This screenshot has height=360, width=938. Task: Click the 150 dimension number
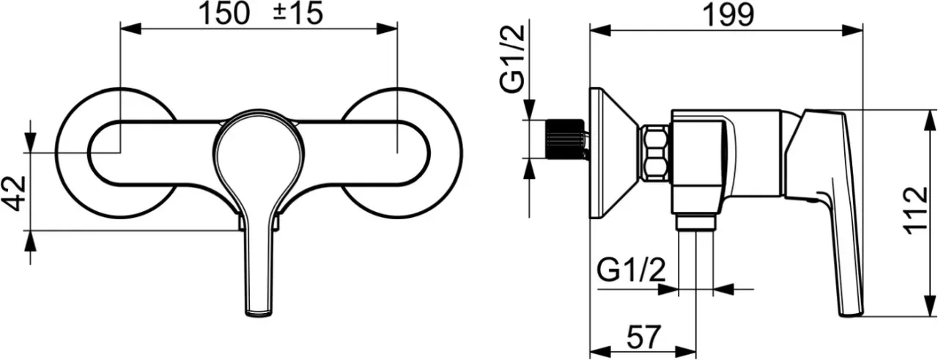pyautogui.click(x=224, y=13)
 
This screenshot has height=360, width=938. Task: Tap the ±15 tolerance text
pyautogui.click(x=298, y=13)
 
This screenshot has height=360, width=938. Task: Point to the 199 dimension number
pyautogui.click(x=728, y=15)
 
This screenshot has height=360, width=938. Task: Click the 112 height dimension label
pyautogui.click(x=915, y=211)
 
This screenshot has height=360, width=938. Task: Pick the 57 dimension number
pyautogui.click(x=643, y=336)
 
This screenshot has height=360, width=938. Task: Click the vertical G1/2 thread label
pyautogui.click(x=512, y=58)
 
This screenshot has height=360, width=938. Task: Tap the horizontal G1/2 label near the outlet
pyautogui.click(x=631, y=270)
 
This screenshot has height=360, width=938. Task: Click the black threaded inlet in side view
pyautogui.click(x=565, y=139)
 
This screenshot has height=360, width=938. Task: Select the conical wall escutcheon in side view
pyautogui.click(x=614, y=153)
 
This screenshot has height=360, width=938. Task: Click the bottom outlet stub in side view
pyautogui.click(x=695, y=221)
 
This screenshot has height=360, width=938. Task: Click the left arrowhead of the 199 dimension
pyautogui.click(x=599, y=30)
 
